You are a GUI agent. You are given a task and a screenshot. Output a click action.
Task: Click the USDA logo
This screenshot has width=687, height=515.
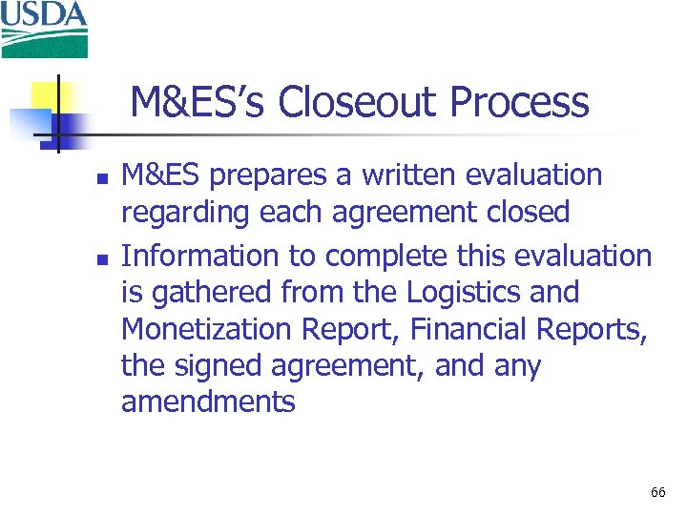(44, 29)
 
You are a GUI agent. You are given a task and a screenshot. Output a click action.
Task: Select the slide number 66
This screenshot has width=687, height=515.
(657, 493)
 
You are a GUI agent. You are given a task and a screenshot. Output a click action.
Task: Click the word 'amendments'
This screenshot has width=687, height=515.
(208, 402)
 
